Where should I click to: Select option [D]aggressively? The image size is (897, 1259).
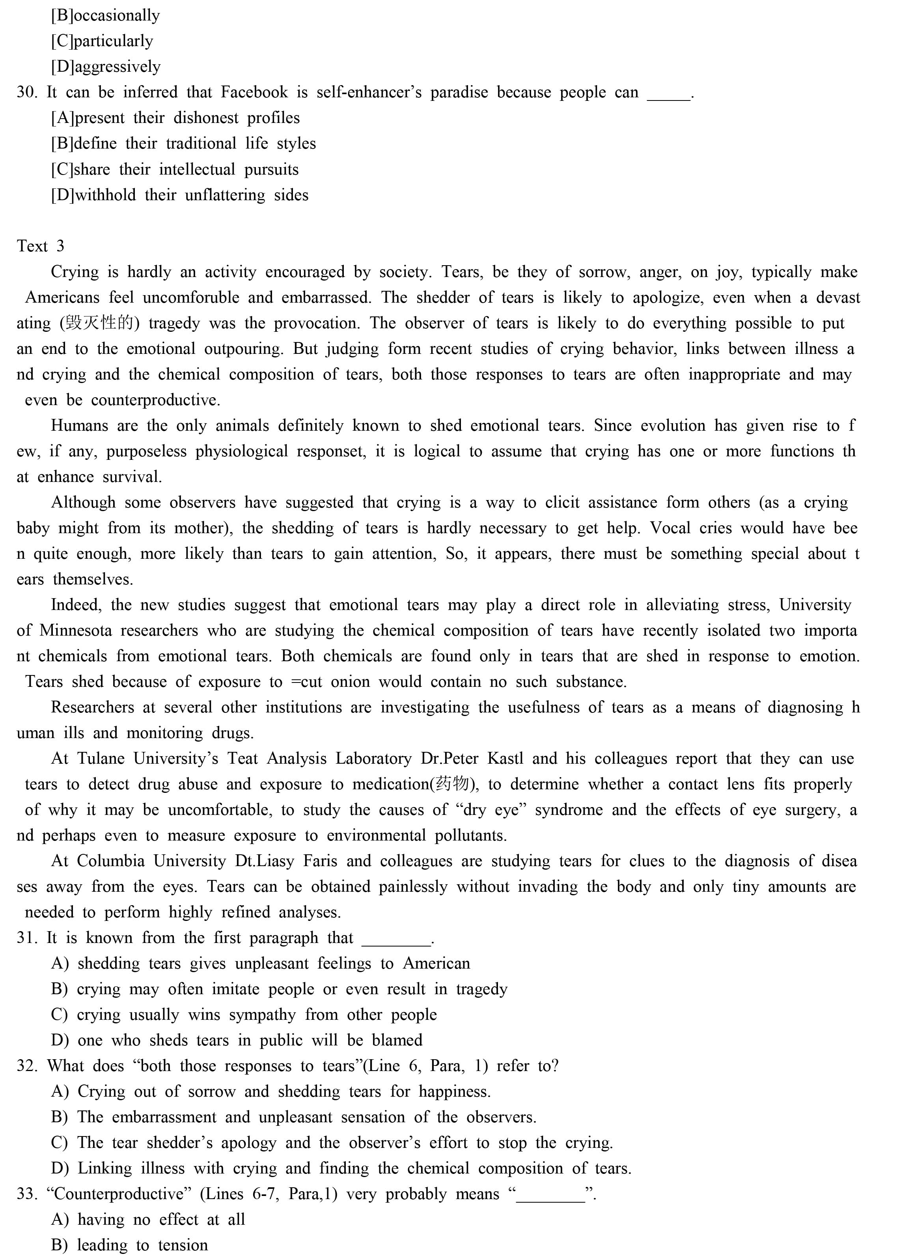coord(106,67)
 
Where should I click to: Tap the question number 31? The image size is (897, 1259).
coord(26,938)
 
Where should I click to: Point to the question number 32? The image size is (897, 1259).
coord(26,1066)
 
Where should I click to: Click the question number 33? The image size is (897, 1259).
coord(26,1194)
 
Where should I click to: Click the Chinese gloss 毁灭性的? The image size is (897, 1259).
coord(99,323)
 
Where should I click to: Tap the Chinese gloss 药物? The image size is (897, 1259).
coord(452,784)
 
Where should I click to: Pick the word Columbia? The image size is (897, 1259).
coord(110,861)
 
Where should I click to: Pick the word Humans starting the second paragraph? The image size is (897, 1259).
coord(80,426)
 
